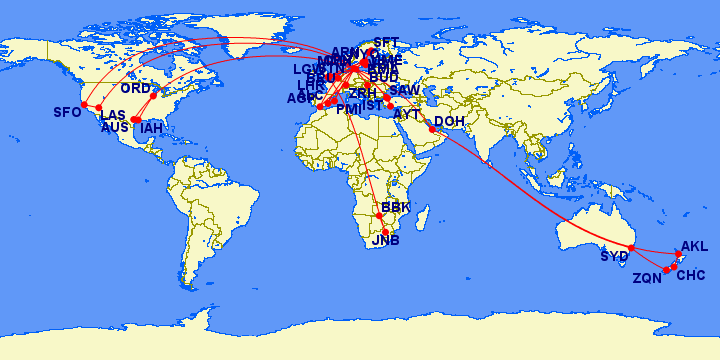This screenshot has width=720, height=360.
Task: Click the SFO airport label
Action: [67, 112]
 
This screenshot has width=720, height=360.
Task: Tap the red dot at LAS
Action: [100, 108]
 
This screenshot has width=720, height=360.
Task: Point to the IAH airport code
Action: [152, 128]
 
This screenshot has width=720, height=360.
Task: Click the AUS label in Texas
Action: [115, 128]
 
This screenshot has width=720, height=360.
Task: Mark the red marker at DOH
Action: [432, 128]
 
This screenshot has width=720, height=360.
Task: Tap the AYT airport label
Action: [407, 115]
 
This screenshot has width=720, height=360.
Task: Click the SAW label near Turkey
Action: [404, 91]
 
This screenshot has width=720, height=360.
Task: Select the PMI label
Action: [348, 110]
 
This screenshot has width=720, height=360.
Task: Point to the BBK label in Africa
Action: [396, 207]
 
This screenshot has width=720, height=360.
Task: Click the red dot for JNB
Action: [386, 232]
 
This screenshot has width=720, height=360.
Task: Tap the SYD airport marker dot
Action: [631, 248]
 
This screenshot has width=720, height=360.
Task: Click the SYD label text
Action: [615, 257]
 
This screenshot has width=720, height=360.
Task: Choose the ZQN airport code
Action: [647, 279]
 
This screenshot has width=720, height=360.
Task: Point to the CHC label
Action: [691, 275]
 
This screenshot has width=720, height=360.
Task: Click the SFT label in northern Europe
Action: [385, 42]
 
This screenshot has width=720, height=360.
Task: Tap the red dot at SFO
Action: [85, 105]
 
